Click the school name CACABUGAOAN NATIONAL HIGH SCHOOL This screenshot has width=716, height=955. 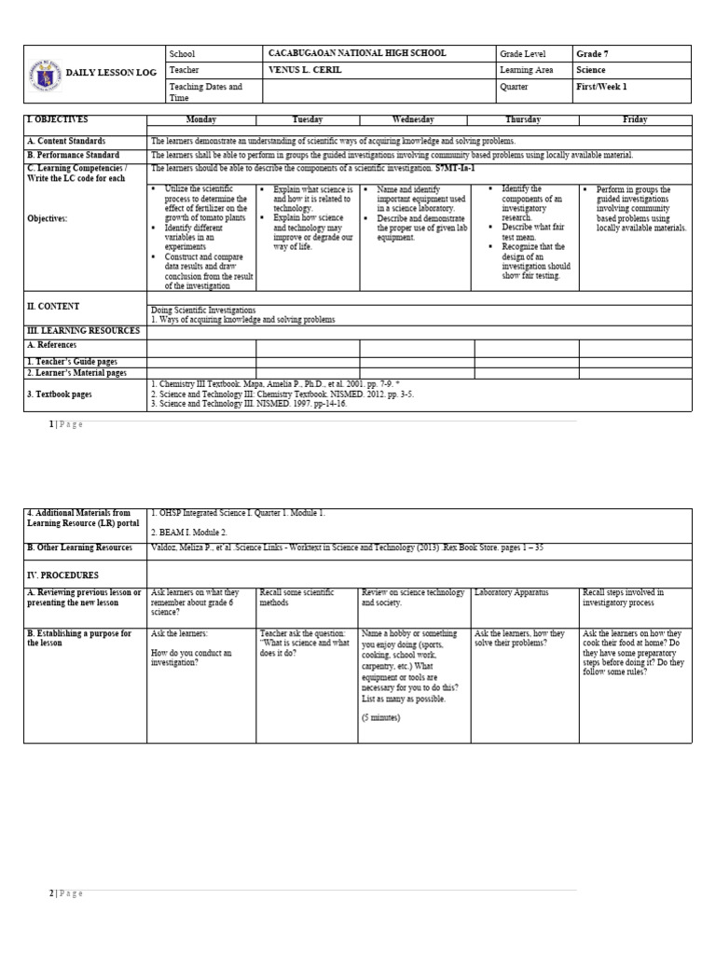(x=357, y=54)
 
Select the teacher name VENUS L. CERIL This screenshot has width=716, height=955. (x=307, y=70)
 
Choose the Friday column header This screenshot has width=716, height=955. (x=634, y=120)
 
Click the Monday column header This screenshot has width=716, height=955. (x=201, y=120)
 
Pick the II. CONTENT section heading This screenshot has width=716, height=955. (x=54, y=306)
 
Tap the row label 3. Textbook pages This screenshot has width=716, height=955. (x=60, y=394)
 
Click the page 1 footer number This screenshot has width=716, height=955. (x=51, y=424)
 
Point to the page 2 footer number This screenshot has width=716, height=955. (x=51, y=893)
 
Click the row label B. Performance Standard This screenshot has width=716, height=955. (x=73, y=155)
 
